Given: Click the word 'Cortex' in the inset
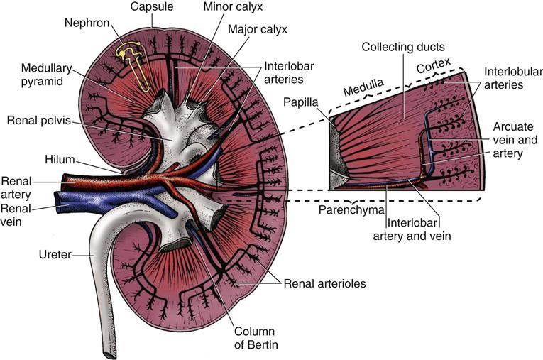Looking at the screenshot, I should pos(432,67).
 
